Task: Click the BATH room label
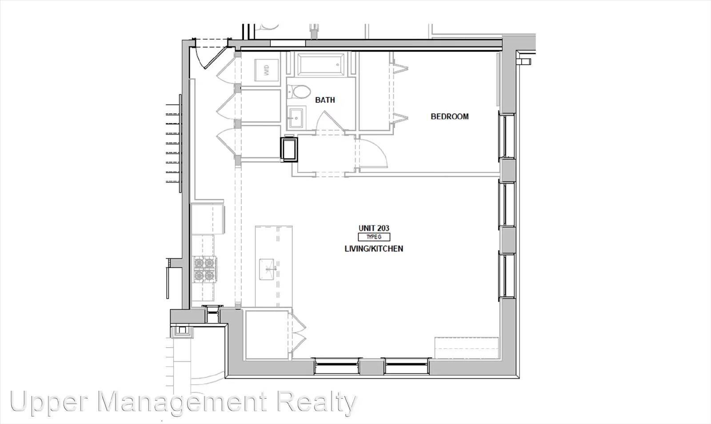click(325, 100)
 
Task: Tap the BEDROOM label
click(449, 116)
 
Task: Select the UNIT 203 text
click(374, 228)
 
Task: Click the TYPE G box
click(374, 237)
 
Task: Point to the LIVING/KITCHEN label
click(374, 249)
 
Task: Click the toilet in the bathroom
click(299, 91)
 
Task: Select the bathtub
click(321, 64)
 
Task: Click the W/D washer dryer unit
click(267, 70)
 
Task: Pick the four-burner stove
click(204, 269)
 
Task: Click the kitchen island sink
click(267, 269)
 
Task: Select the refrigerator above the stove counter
click(208, 219)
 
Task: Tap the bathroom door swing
click(329, 120)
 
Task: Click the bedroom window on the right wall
click(507, 136)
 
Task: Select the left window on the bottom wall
click(337, 366)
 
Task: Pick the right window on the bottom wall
click(407, 366)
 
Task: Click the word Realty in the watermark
click(317, 402)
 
